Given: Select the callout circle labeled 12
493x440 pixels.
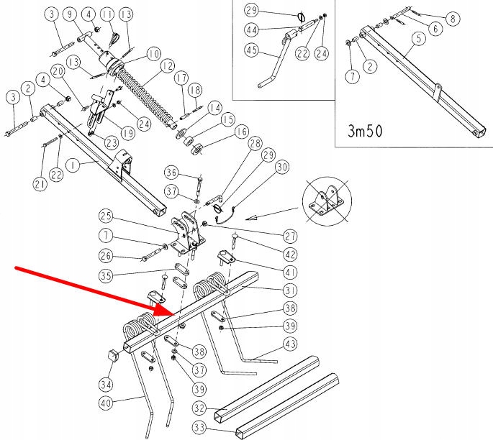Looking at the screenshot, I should [167, 65].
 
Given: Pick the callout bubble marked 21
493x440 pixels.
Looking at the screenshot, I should [39, 186].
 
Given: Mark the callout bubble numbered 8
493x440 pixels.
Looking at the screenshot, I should [451, 19].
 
